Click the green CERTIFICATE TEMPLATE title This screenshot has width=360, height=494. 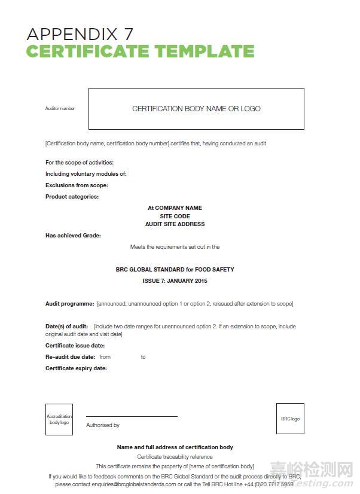point(140,51)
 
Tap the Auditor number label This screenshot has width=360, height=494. point(60,109)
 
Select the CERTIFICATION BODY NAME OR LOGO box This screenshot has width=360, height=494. point(196,109)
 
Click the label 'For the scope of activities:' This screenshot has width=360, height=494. point(80,163)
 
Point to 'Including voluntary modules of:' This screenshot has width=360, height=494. point(86,174)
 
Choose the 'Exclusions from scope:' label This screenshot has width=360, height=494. point(77,185)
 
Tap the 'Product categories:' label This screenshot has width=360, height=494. point(72,197)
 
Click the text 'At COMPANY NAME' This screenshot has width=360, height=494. point(175,208)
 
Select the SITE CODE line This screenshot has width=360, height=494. point(175,216)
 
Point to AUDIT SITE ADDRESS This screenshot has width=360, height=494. point(175,224)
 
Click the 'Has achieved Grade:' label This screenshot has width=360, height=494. point(73,236)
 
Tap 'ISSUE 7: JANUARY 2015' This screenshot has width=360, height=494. point(175,280)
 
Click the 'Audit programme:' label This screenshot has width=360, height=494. point(69,304)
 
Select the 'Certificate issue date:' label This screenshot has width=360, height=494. point(75,346)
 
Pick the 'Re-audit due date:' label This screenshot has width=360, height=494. point(71,357)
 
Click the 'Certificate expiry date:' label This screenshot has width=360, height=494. point(76,368)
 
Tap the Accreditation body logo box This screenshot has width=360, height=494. point(59,419)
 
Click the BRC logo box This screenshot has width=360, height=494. point(290,419)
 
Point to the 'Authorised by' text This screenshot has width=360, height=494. point(103,425)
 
